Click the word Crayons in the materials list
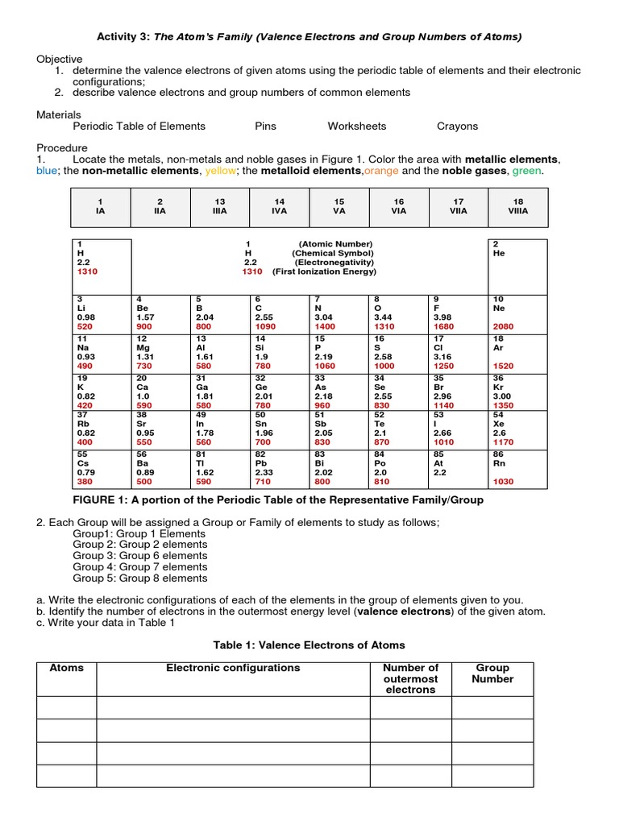(x=457, y=126)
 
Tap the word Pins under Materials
(x=265, y=126)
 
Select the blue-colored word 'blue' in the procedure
(x=48, y=171)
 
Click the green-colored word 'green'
(x=526, y=171)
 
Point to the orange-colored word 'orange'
(x=380, y=171)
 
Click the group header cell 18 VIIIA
(x=518, y=207)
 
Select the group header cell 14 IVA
(x=280, y=207)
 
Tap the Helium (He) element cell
(x=518, y=266)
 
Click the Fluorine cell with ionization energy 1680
(x=459, y=313)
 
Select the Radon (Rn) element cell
(x=518, y=468)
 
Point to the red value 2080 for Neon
(x=504, y=327)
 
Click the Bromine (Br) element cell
(x=459, y=391)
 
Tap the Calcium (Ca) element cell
(x=160, y=391)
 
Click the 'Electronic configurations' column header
(x=233, y=668)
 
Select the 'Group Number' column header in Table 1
(x=492, y=674)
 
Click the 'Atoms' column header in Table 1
(x=67, y=668)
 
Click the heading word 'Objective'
(x=60, y=59)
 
